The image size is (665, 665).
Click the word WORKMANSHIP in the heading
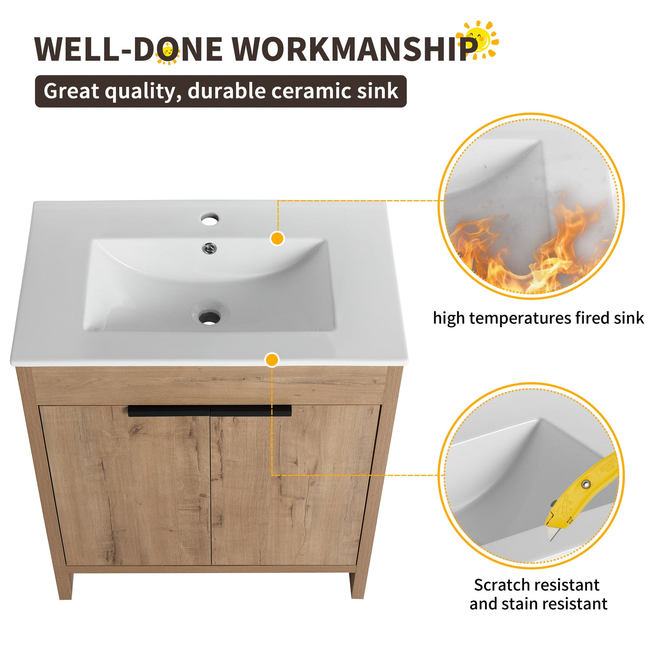(354, 49)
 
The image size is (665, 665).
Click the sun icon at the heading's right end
(479, 39)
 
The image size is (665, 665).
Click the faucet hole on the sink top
(209, 219)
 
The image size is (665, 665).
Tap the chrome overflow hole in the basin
(209, 247)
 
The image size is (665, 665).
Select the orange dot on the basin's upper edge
(277, 238)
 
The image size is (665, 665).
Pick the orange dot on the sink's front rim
(272, 360)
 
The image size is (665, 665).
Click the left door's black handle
(169, 411)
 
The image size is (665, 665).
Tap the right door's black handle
(251, 411)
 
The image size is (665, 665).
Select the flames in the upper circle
(527, 252)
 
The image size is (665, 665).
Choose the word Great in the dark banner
(71, 91)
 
